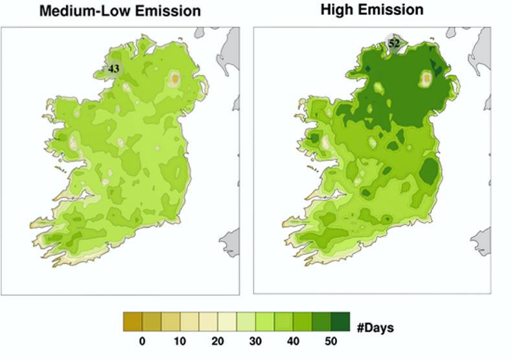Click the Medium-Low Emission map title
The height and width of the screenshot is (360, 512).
120,11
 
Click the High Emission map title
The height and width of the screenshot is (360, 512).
371,10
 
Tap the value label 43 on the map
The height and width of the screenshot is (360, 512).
114,68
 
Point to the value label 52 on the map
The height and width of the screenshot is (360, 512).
394,43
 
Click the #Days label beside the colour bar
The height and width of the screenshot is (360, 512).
375,327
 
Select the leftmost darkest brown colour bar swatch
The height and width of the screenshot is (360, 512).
132,322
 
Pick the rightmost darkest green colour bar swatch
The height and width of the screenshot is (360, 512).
340,322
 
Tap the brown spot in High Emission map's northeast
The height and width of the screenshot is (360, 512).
427,79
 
